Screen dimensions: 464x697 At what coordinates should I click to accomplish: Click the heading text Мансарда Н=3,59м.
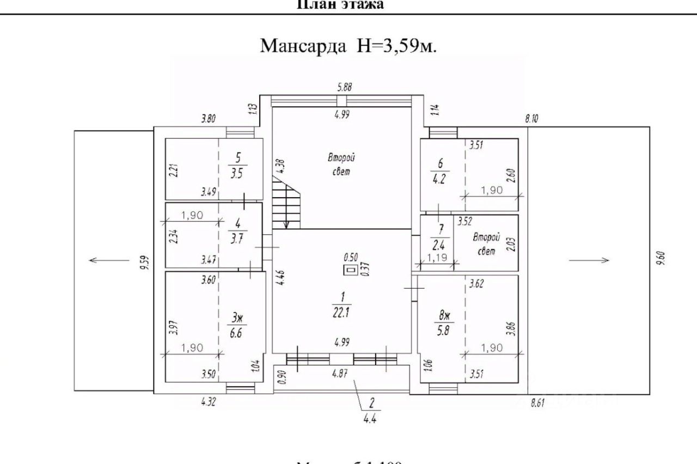348,45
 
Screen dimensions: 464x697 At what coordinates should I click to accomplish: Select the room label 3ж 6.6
236,326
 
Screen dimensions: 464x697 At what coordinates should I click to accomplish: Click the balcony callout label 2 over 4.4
371,411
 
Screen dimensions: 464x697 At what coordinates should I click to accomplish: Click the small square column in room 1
350,270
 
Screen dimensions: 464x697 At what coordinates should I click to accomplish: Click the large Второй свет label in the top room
341,164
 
